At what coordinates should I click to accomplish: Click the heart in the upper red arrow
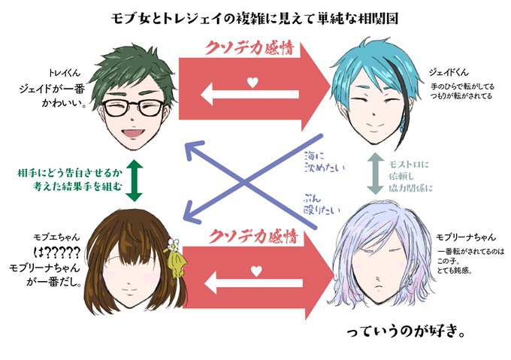(x=254, y=81)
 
